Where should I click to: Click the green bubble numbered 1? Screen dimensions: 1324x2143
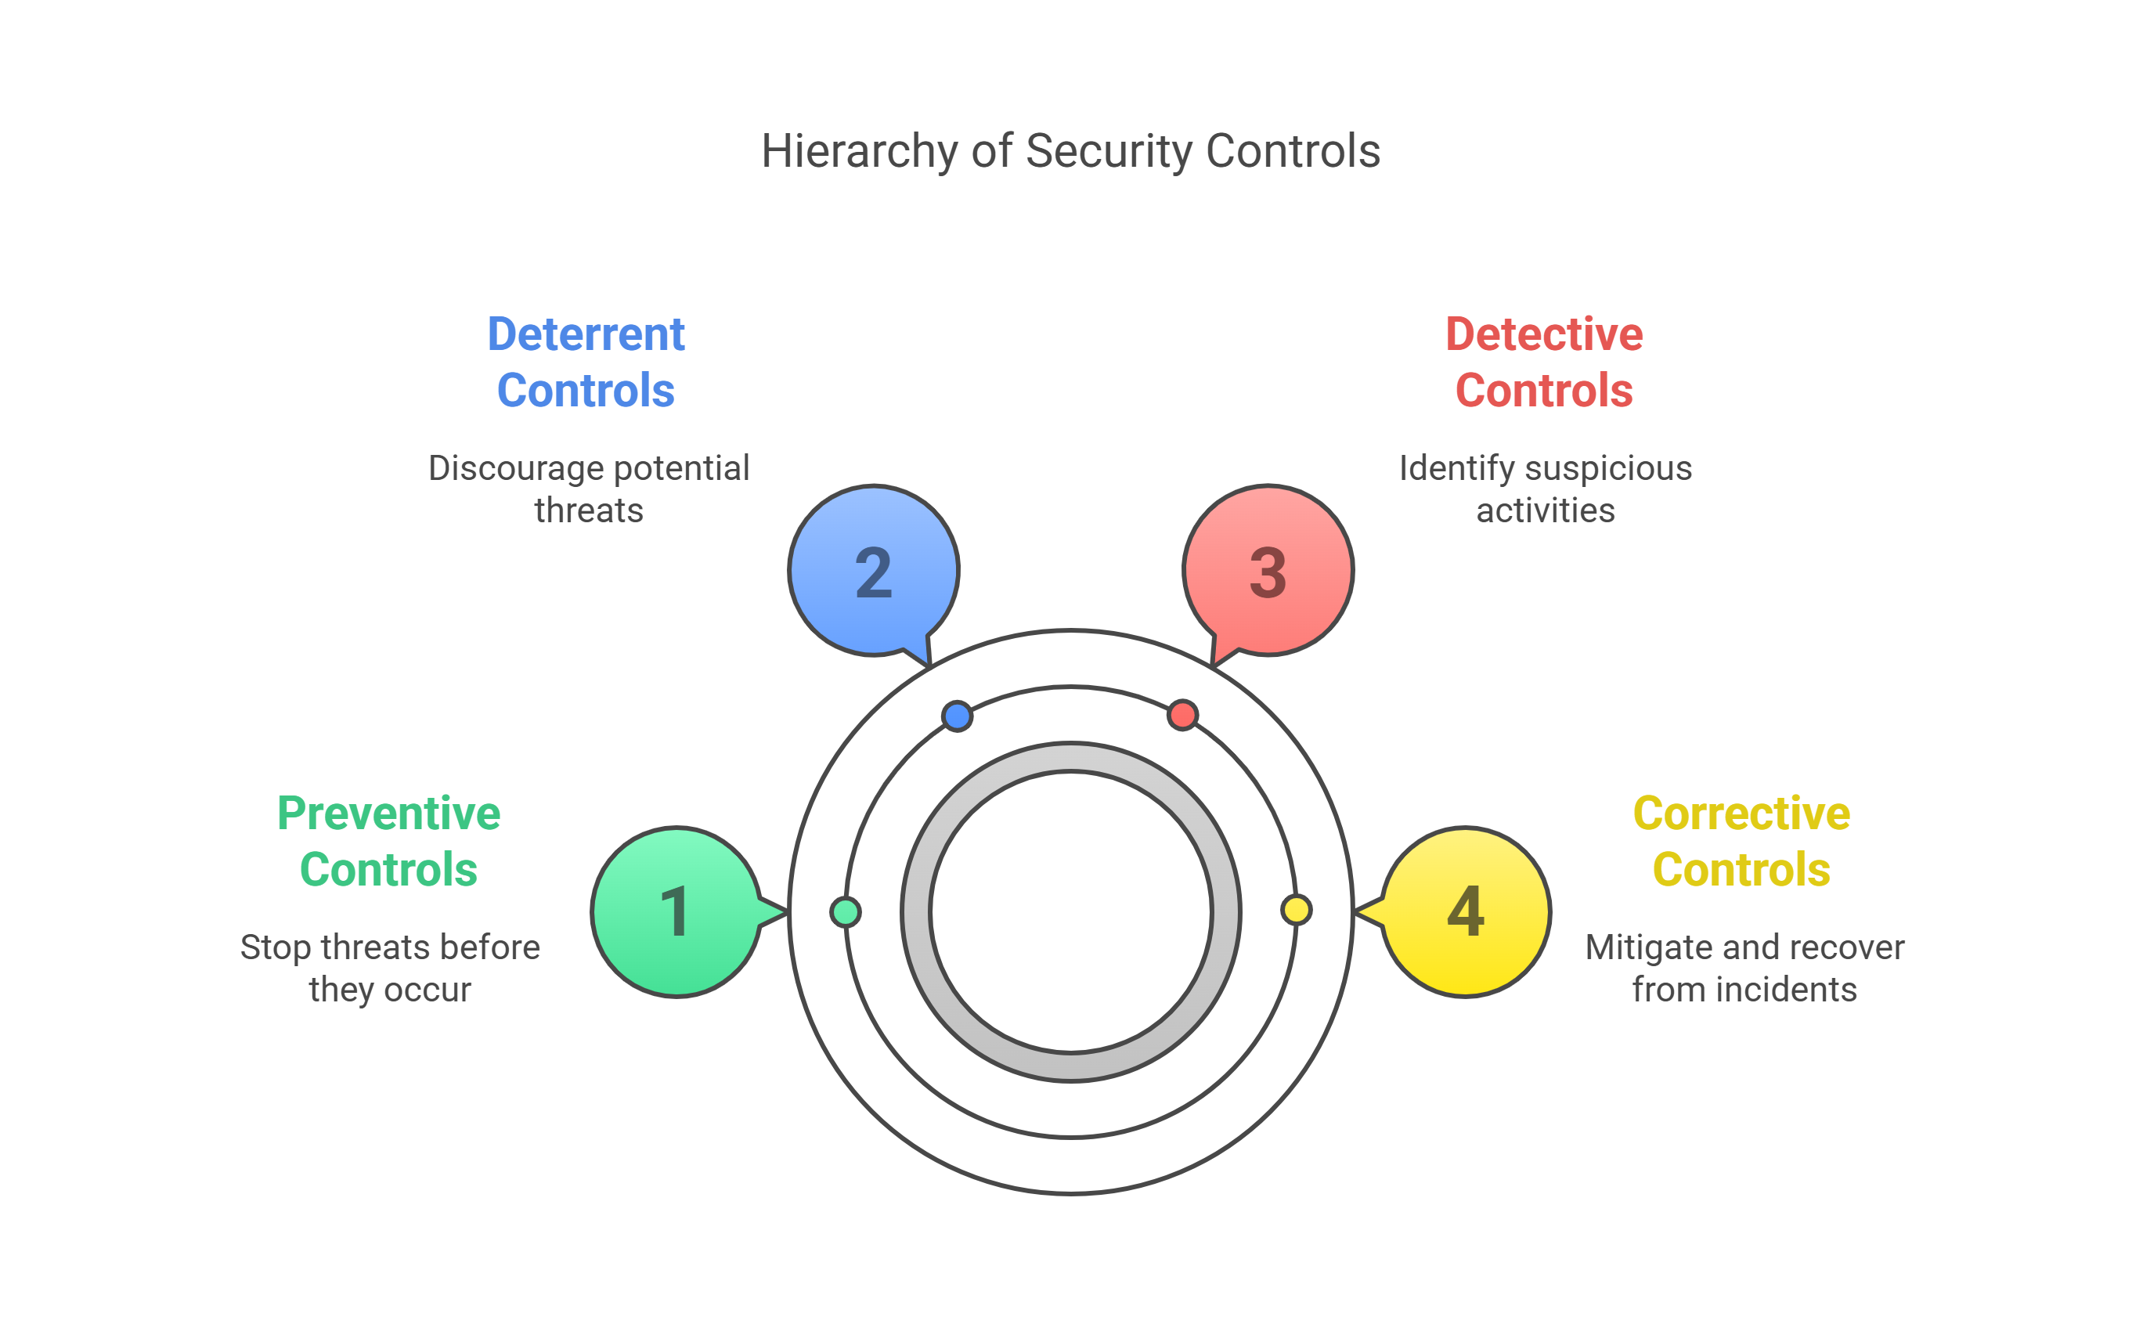676,911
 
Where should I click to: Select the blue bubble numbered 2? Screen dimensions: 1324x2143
874,571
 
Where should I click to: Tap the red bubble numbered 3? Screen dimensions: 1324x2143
1268,571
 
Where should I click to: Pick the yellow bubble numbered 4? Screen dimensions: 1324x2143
1466,911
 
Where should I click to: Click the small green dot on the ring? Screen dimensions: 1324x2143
846,911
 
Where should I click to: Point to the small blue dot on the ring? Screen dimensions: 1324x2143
957,716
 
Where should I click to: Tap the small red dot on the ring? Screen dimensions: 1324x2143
1182,715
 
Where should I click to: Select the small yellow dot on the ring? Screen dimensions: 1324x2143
1296,910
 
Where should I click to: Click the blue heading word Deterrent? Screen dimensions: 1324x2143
586,334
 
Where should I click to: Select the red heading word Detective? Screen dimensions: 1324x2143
1544,334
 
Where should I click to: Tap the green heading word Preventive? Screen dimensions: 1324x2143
388,814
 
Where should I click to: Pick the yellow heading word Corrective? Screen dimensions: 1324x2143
1742,814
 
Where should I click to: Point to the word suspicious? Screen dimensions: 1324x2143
1608,468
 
